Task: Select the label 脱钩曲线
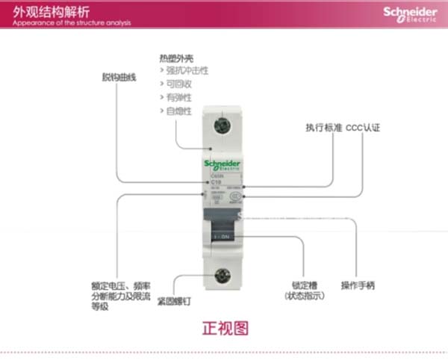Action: point(119,77)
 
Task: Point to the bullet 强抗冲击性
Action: point(187,71)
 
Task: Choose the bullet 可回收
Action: point(178,84)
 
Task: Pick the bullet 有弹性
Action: point(178,98)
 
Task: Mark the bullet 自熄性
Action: point(178,111)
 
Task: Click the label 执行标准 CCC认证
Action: point(343,128)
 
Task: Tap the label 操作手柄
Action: point(358,285)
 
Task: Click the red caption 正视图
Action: point(225,327)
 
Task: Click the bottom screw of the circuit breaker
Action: point(223,274)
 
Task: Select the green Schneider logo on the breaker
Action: point(223,165)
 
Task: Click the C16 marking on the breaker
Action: point(216,181)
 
